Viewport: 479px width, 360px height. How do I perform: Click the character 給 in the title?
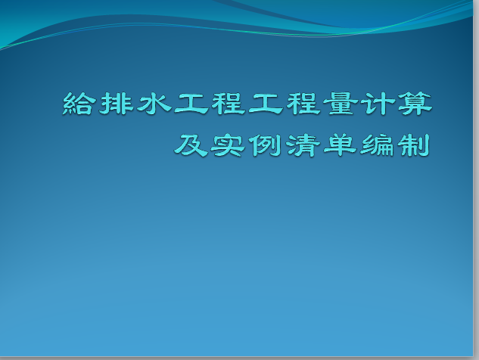click(x=77, y=104)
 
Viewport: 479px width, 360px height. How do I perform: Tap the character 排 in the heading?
click(x=116, y=104)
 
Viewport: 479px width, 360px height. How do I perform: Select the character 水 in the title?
click(x=154, y=104)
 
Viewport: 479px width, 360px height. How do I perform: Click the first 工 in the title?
click(x=191, y=104)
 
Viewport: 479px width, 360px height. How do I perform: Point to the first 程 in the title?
click(x=229, y=104)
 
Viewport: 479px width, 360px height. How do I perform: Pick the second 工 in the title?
click(x=266, y=104)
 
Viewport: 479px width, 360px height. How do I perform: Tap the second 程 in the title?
click(x=303, y=104)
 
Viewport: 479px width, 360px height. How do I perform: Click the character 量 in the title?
click(x=341, y=104)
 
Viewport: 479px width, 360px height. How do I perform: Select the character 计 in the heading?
click(x=378, y=104)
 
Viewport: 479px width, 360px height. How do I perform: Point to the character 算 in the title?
click(x=415, y=104)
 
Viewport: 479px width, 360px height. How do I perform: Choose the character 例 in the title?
click(x=265, y=145)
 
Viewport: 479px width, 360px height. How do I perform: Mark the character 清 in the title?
click(x=303, y=145)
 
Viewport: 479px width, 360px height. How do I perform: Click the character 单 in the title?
click(x=340, y=145)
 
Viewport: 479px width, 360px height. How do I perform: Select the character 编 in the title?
click(x=377, y=145)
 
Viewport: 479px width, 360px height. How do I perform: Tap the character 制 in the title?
click(x=414, y=145)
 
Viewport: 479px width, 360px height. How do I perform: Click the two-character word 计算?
click(x=397, y=104)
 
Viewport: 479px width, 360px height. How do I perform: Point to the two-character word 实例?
click(x=247, y=145)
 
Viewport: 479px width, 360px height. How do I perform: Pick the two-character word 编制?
click(x=395, y=145)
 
